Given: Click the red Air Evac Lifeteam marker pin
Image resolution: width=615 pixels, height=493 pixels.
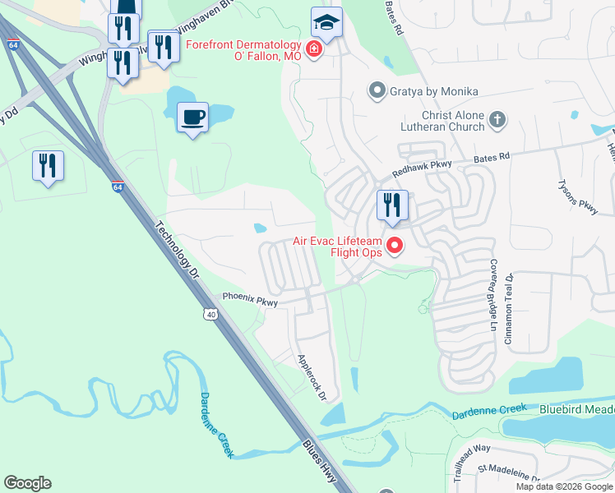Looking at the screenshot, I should pos(395,245).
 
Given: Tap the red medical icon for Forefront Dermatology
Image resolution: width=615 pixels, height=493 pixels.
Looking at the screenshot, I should pos(313,51).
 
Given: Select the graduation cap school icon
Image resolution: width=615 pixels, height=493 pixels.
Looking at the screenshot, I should pos(326,24).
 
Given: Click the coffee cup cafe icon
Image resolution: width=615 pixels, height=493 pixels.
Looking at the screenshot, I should pos(192,117).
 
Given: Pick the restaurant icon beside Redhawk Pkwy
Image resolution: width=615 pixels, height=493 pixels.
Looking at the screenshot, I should pos(392,205).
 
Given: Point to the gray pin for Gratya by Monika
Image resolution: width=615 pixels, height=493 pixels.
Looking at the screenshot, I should pos(377,90).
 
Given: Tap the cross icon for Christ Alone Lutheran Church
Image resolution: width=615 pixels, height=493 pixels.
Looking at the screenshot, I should pos(497,120).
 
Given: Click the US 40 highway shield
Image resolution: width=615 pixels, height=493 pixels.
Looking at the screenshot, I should pos(212,314).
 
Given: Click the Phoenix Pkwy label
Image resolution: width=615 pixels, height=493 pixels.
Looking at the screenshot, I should pos(250,300).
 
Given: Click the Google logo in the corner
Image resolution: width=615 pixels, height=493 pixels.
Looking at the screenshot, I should pos(27,483).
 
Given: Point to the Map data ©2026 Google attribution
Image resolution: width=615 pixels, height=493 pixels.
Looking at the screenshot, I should pos(563,486).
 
